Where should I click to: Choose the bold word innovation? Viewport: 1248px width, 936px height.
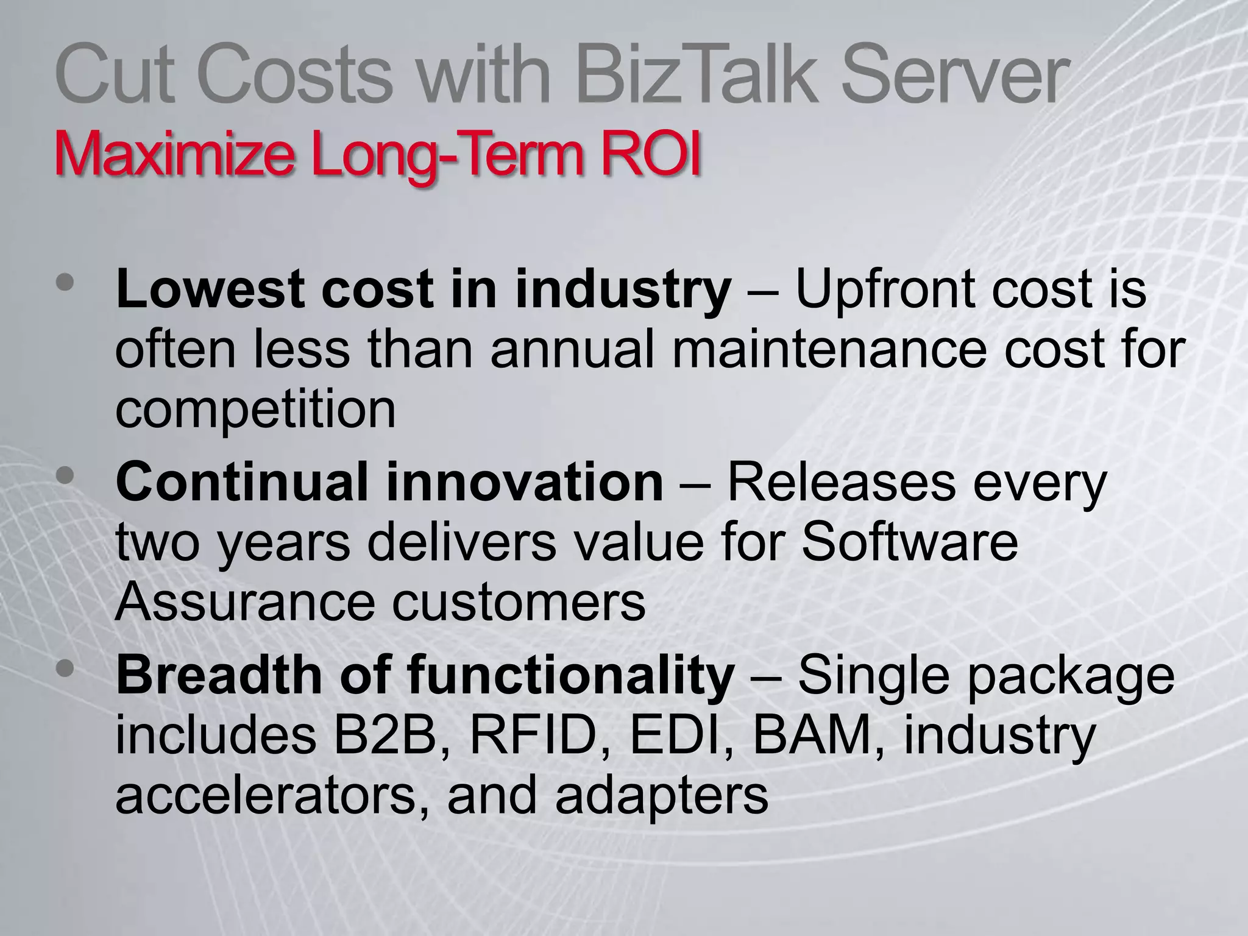click(524, 482)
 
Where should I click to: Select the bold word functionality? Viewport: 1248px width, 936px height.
click(570, 675)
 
